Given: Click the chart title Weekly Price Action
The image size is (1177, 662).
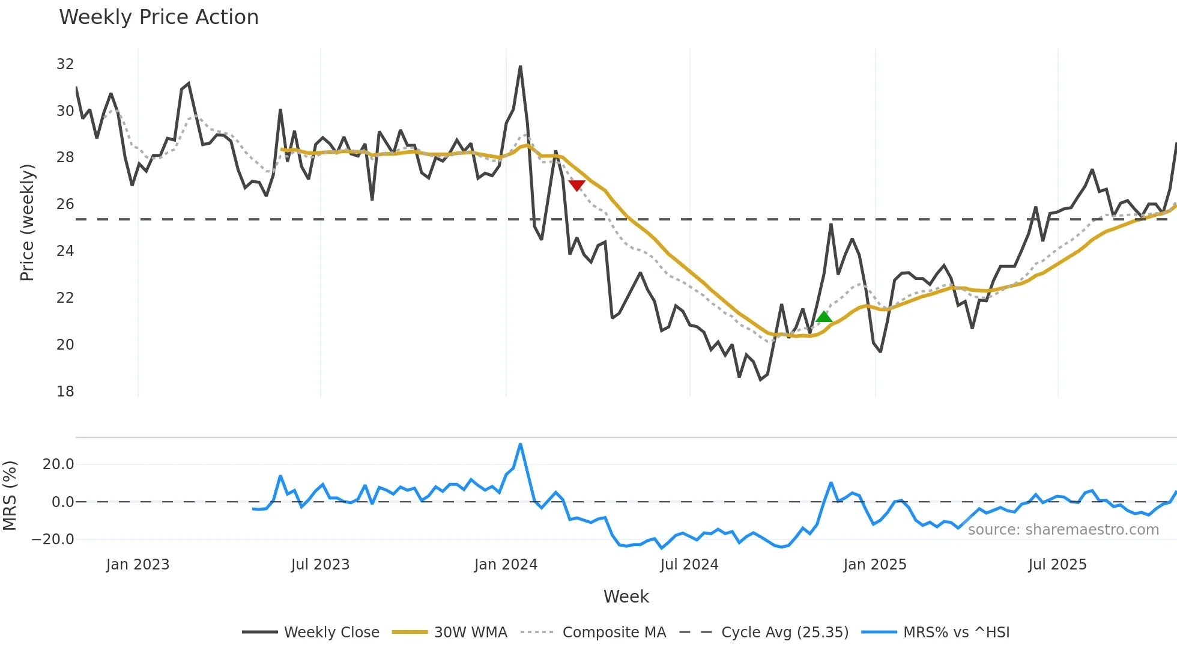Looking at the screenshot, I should click(x=159, y=17).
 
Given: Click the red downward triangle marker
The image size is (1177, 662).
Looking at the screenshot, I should click(x=576, y=185).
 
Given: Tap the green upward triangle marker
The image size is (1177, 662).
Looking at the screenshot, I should click(x=824, y=317).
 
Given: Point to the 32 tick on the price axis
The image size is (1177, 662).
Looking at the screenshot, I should click(x=65, y=64).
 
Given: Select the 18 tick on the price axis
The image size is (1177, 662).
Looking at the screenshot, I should click(x=65, y=392).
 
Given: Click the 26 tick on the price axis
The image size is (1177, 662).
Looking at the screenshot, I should click(x=65, y=204).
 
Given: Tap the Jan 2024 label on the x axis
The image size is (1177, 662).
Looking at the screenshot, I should click(x=506, y=565).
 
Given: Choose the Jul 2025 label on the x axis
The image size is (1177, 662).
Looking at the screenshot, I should click(x=1057, y=565).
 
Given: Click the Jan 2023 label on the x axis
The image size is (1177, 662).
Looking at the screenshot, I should click(x=138, y=565).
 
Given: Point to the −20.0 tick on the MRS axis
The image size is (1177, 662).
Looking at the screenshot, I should click(x=53, y=539).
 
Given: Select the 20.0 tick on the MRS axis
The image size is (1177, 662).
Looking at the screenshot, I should click(x=58, y=464).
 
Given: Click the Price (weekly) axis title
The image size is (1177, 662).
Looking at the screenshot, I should click(x=27, y=222).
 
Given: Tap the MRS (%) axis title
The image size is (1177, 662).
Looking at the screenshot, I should click(x=10, y=496).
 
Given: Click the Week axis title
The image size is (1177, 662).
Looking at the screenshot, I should click(x=626, y=597).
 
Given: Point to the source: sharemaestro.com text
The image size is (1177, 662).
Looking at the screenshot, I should click(x=1063, y=530).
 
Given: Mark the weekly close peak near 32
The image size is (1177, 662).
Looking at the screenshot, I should click(x=520, y=67).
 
